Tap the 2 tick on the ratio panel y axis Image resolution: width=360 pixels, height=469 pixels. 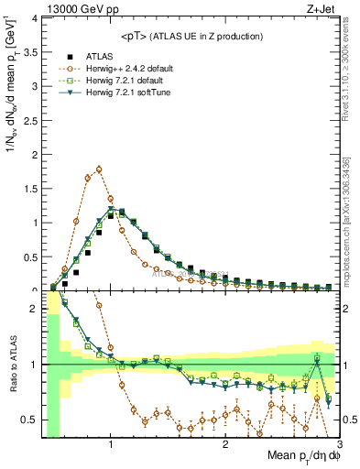34,309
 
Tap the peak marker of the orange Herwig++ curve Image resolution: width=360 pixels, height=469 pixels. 99,169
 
